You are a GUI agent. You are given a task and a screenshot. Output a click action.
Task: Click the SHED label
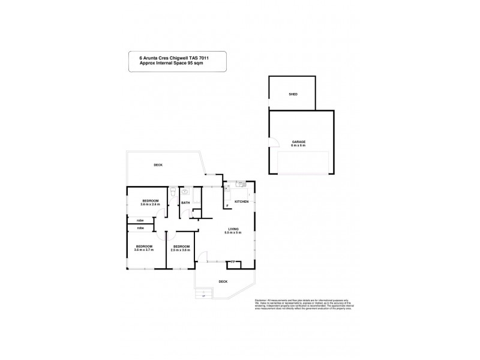[x=293, y=95]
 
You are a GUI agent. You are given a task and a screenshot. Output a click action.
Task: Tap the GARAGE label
[x=299, y=142]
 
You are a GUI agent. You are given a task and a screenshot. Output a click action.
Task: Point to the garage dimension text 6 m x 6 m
[x=299, y=146]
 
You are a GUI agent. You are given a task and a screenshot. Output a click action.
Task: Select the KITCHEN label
[x=241, y=202]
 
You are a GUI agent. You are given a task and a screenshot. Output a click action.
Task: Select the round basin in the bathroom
[x=185, y=192]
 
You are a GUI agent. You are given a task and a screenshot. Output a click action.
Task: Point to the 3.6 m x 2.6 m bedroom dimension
[x=150, y=205]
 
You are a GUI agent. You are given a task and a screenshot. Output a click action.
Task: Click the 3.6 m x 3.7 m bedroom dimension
[x=144, y=250]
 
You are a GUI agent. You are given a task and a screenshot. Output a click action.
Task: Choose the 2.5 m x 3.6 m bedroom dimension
[x=181, y=250]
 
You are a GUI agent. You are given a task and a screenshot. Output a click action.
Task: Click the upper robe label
[x=140, y=221]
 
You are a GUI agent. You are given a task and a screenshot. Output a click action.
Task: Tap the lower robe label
[x=140, y=228]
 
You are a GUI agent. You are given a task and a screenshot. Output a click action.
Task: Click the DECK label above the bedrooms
[x=158, y=165]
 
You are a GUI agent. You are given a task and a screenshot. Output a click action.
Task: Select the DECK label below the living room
[x=223, y=281]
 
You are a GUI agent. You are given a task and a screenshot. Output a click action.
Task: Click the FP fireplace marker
[x=232, y=261]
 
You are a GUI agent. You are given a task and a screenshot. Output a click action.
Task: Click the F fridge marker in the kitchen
[x=227, y=207]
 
